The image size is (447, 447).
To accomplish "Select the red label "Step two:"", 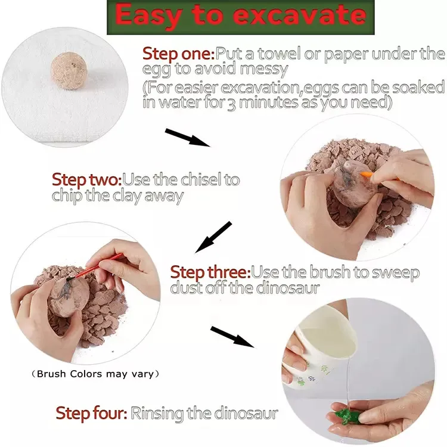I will pos(87,179).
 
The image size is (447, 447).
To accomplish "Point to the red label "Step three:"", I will pos(210,272).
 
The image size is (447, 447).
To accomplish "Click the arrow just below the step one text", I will pos(187,138).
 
